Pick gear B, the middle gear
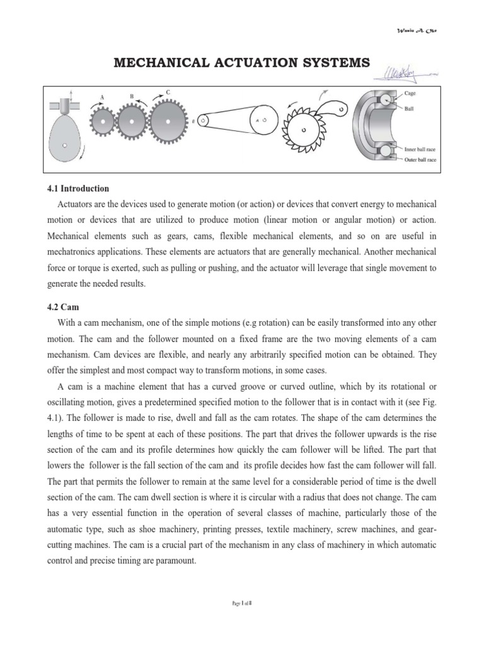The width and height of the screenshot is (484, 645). point(132,119)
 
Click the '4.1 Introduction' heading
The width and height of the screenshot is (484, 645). point(78,188)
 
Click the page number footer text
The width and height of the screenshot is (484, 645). point(242,603)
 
